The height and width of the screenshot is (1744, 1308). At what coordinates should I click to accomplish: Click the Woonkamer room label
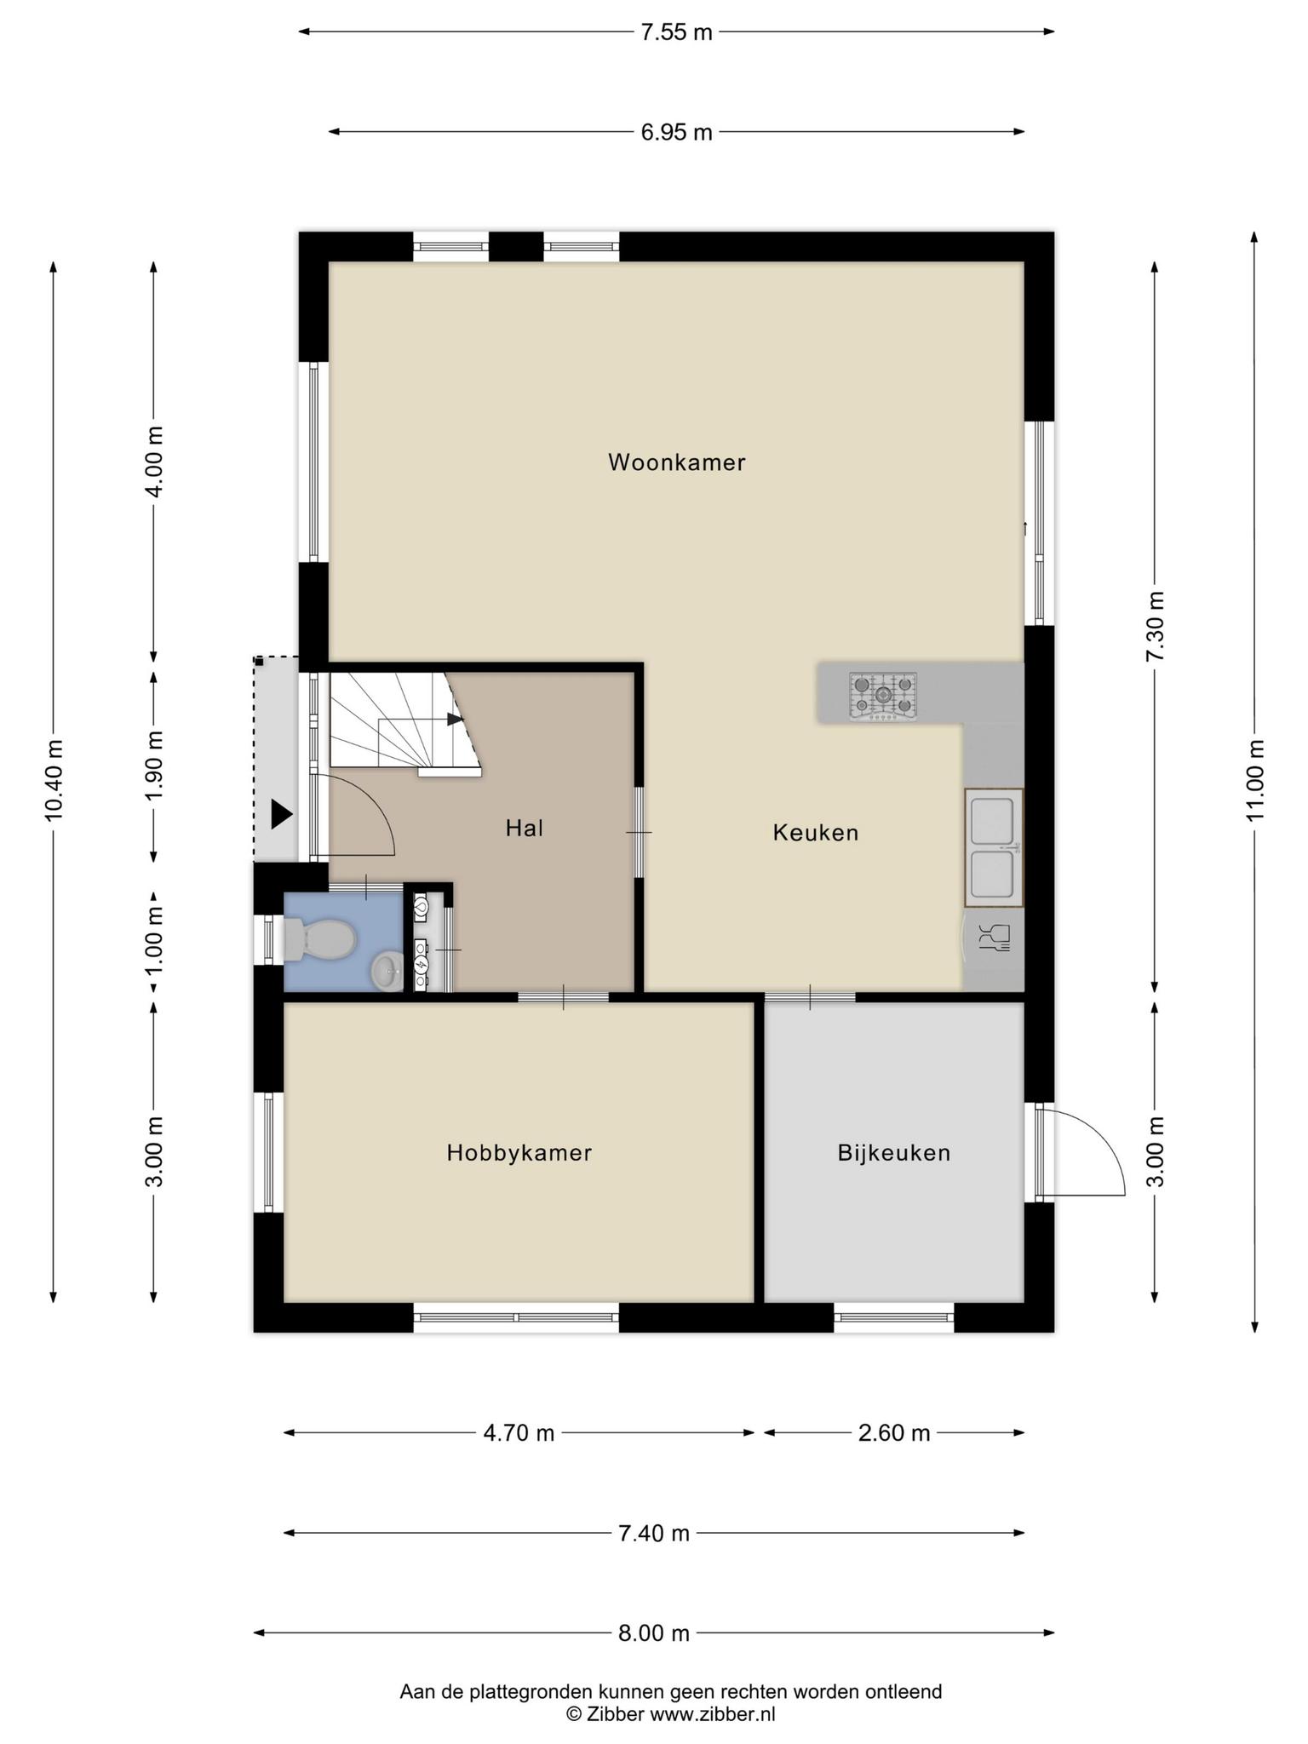click(676, 462)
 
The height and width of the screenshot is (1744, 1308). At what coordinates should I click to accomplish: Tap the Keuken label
click(815, 833)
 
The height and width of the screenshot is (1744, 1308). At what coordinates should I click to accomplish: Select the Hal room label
click(524, 828)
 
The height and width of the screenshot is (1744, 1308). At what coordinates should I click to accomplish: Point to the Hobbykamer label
click(519, 1153)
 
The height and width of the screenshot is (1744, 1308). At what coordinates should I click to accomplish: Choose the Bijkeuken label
click(893, 1153)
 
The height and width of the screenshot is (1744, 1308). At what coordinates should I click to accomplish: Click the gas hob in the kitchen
click(883, 695)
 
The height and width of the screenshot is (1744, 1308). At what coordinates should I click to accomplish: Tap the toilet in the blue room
click(318, 940)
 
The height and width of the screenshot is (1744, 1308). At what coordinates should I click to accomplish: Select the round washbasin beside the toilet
click(387, 971)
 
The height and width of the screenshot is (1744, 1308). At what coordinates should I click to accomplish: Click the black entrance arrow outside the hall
click(282, 815)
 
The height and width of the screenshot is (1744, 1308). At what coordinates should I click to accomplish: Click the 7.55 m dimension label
click(676, 33)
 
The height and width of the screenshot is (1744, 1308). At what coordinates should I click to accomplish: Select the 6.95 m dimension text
click(676, 133)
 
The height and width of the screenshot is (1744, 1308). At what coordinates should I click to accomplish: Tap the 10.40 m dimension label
click(54, 780)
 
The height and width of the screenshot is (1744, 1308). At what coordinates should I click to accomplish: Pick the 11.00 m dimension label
click(1254, 780)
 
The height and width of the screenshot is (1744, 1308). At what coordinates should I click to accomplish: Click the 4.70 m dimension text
click(519, 1433)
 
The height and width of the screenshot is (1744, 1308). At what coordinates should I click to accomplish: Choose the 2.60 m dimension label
click(893, 1433)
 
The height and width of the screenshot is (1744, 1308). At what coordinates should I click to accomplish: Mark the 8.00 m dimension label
click(653, 1633)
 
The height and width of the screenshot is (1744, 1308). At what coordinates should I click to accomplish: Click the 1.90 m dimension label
click(154, 766)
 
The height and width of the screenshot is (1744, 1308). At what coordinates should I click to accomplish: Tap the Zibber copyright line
click(671, 1714)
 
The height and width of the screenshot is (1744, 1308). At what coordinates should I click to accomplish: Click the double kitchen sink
click(994, 847)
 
